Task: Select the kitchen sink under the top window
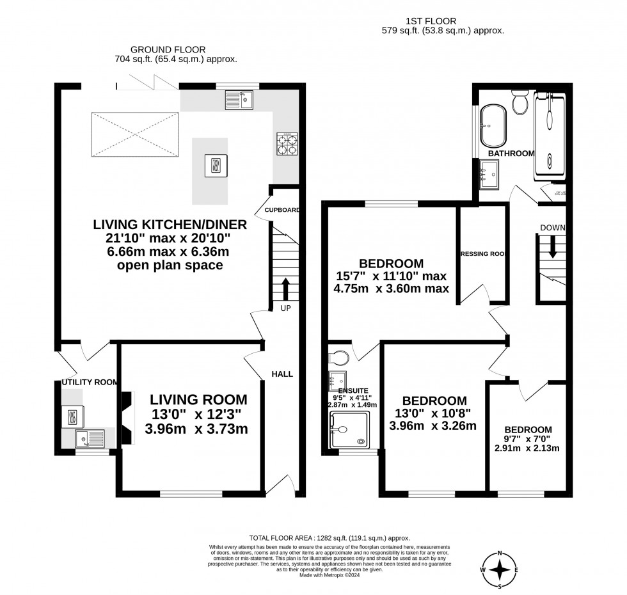[239, 99]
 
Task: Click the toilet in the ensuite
[339, 355]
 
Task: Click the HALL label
[282, 374]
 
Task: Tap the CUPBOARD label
[282, 210]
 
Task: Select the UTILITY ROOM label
[90, 383]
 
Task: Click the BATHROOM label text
[511, 154]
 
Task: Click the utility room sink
[90, 438]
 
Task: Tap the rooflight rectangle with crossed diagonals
[135, 135]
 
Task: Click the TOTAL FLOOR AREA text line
[329, 539]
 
